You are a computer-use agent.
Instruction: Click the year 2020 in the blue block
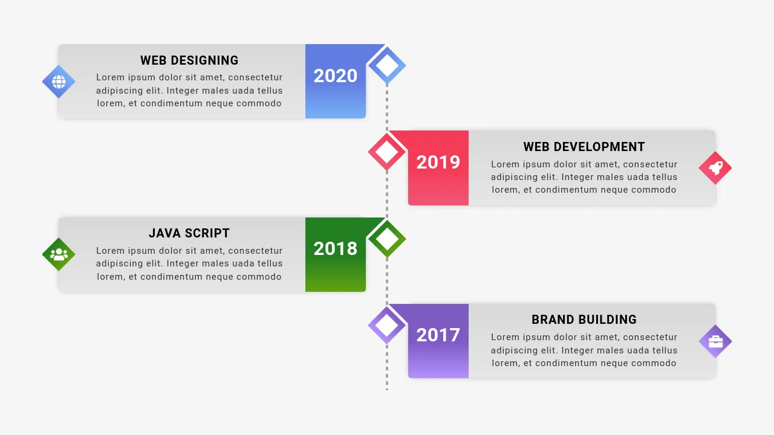[335, 76]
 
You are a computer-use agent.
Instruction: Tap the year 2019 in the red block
[438, 163]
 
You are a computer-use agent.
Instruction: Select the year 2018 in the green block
[335, 249]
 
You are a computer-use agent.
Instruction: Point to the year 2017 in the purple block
[438, 335]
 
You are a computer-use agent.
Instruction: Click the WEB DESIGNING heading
[189, 60]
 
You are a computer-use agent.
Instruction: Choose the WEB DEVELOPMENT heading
[584, 147]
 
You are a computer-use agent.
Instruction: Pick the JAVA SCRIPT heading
[189, 233]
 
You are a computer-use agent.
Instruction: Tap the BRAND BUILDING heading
[584, 320]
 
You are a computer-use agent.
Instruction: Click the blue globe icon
[59, 82]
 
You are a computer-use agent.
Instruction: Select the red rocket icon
[715, 168]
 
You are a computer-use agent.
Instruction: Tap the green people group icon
[59, 254]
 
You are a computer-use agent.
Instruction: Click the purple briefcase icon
[715, 341]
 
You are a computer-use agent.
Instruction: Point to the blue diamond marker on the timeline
[387, 65]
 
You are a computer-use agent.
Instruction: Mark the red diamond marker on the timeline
[387, 152]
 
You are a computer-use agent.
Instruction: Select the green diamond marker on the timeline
[387, 239]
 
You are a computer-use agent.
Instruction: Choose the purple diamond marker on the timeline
[387, 325]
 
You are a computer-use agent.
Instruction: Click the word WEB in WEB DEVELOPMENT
[536, 147]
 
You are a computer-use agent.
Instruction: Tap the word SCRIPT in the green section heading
[207, 233]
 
